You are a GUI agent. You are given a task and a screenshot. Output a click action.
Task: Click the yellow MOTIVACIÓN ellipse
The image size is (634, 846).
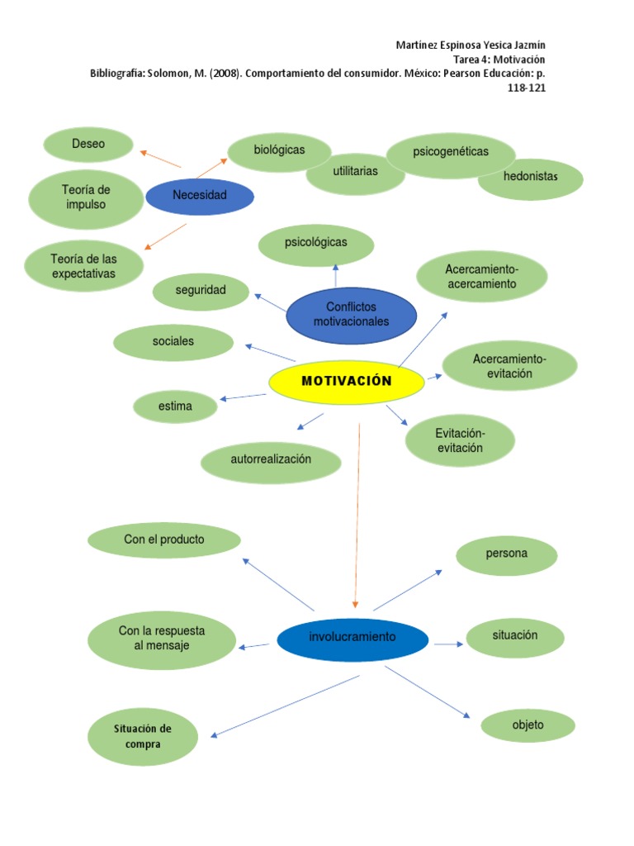pyautogui.click(x=347, y=382)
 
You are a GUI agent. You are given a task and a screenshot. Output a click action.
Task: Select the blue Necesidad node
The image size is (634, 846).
pyautogui.click(x=200, y=197)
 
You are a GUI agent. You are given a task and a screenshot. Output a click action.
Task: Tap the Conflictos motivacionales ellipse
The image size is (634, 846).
pyautogui.click(x=351, y=315)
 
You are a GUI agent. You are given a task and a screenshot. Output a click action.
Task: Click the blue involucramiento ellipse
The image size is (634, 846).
pyautogui.click(x=352, y=638)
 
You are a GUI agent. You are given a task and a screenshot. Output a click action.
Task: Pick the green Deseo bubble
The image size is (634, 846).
pyautogui.click(x=88, y=145)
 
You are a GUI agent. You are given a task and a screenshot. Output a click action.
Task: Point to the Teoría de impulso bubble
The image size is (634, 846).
pyautogui.click(x=86, y=197)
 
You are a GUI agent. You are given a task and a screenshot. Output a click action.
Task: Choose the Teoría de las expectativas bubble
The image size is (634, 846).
pyautogui.click(x=83, y=266)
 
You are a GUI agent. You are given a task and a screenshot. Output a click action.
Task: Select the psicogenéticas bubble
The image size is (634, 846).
pyautogui.click(x=451, y=153)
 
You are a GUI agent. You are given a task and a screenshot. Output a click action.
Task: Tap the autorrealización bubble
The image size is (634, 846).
pyautogui.click(x=271, y=460)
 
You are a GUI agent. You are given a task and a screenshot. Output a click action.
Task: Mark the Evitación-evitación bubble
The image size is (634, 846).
pyautogui.click(x=460, y=441)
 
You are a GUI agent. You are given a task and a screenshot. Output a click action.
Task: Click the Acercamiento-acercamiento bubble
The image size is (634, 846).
pyautogui.click(x=481, y=277)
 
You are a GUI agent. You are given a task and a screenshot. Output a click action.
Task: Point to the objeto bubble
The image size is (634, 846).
pyautogui.click(x=528, y=725)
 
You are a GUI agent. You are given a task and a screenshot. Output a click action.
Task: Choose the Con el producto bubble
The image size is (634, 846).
pyautogui.click(x=164, y=540)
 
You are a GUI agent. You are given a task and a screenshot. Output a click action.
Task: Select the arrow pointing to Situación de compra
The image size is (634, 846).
pyautogui.click(x=286, y=706)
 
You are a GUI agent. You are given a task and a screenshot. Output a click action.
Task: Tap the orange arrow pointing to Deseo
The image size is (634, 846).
pyautogui.click(x=160, y=159)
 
